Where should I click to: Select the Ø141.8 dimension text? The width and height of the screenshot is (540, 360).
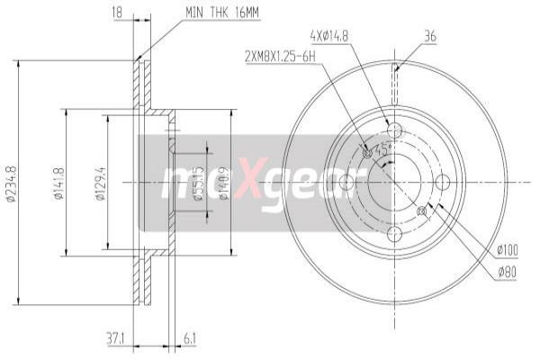pos(58,184)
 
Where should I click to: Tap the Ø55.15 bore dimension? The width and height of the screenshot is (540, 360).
pos(197,185)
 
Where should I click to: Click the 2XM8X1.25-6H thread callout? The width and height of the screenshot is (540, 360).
pos(281,57)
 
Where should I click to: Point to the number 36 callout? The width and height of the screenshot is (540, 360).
pos(430,36)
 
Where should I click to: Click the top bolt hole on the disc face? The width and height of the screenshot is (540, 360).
pos(394,131)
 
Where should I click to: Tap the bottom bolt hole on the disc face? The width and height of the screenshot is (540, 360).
pos(394,234)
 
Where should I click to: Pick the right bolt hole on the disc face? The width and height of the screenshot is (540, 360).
pos(442,183)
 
